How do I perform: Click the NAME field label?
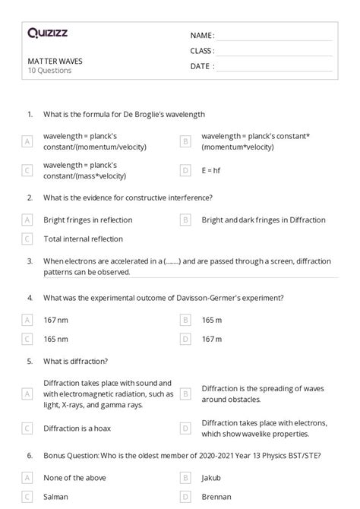(x=202, y=36)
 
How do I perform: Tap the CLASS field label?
(x=202, y=51)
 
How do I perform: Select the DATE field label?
(x=201, y=66)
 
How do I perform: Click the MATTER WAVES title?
(x=55, y=62)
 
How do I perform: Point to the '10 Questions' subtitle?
(x=49, y=71)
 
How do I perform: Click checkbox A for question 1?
(x=27, y=141)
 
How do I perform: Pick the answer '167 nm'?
(x=56, y=320)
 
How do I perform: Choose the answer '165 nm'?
(x=56, y=339)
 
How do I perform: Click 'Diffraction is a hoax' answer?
(x=77, y=428)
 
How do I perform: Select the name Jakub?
(x=213, y=478)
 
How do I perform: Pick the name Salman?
(x=56, y=497)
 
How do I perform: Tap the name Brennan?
(x=216, y=497)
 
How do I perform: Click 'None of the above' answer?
(x=74, y=478)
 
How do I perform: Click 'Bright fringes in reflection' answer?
(x=87, y=220)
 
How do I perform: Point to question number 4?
(x=30, y=299)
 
